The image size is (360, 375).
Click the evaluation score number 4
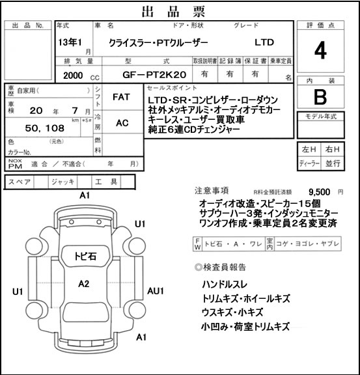320,51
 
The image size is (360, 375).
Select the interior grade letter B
320,96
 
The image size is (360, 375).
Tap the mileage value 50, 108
45,128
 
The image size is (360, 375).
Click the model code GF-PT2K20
154,75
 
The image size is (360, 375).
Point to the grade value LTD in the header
264,42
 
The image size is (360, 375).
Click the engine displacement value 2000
73,76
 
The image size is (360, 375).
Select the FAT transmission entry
121,97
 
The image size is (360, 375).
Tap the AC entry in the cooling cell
122,123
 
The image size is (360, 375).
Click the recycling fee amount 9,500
320,192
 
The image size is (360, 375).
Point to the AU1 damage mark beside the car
156,291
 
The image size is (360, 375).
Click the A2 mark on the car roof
84,284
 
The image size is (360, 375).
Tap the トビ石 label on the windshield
85,256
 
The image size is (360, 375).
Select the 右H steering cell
332,149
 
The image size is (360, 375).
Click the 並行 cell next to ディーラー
333,163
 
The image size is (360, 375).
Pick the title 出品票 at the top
174,12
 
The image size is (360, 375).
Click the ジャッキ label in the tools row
63,182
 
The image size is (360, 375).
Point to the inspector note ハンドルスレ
225,285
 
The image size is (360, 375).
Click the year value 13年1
70,42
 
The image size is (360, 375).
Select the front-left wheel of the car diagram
34,246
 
